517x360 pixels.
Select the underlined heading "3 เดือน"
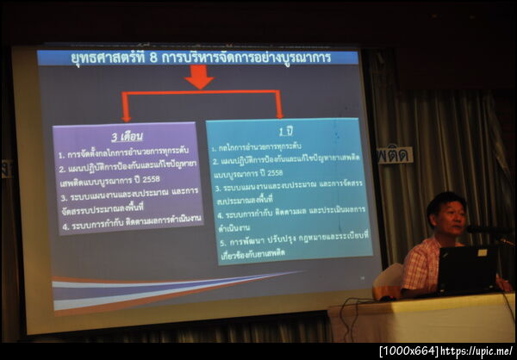pyautogui.click(x=127, y=137)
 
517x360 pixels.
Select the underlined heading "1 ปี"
pyautogui.click(x=285, y=132)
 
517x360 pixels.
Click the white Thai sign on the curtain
pyautogui.click(x=395, y=155)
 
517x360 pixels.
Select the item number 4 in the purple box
pyautogui.click(x=61, y=219)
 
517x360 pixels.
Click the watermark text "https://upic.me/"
pyautogui.click(x=477, y=351)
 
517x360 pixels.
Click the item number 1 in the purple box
pyautogui.click(x=61, y=155)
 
